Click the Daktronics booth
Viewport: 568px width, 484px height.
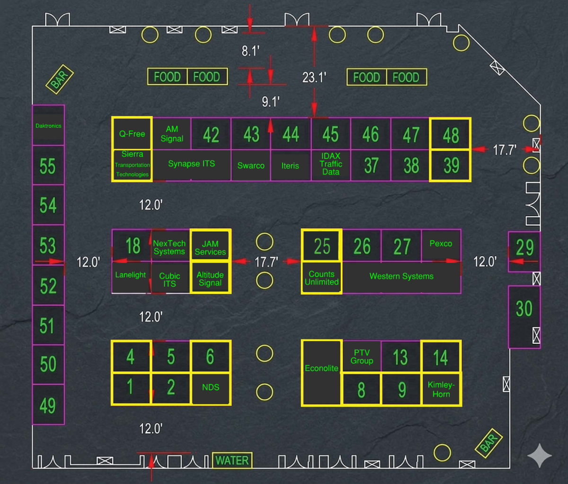pyautogui.click(x=48, y=125)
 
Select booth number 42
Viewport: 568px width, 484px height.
pyautogui.click(x=211, y=134)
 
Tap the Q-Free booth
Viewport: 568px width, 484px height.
pyautogui.click(x=132, y=133)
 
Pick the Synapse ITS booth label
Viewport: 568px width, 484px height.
pyautogui.click(x=192, y=164)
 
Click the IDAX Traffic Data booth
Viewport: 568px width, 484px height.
pyautogui.click(x=331, y=165)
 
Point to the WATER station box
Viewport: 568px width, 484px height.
pyautogui.click(x=232, y=460)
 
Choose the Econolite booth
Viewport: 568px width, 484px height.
pyautogui.click(x=321, y=373)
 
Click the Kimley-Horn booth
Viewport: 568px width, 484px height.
pyautogui.click(x=441, y=389)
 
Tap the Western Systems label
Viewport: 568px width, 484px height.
pyautogui.click(x=401, y=276)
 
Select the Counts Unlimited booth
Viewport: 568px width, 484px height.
pyautogui.click(x=321, y=277)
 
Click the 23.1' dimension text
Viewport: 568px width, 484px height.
pyautogui.click(x=314, y=78)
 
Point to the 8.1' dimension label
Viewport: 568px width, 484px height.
pyautogui.click(x=250, y=51)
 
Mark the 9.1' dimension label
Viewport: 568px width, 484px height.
pyautogui.click(x=271, y=102)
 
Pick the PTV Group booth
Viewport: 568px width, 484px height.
pyautogui.click(x=362, y=356)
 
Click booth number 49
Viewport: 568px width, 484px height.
pyautogui.click(x=48, y=405)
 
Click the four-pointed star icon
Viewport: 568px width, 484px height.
pyautogui.click(x=540, y=455)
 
